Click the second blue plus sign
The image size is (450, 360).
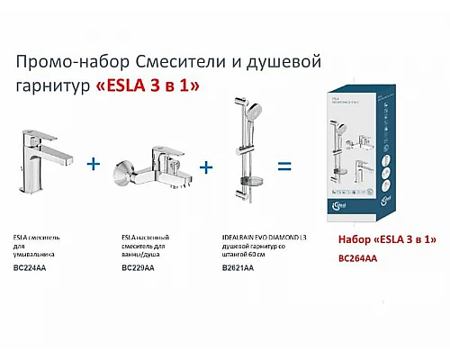pyautogui.click(x=206, y=167)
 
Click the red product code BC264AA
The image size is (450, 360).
pyautogui.click(x=358, y=257)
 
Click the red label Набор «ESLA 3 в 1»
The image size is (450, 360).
pyautogui.click(x=382, y=239)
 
